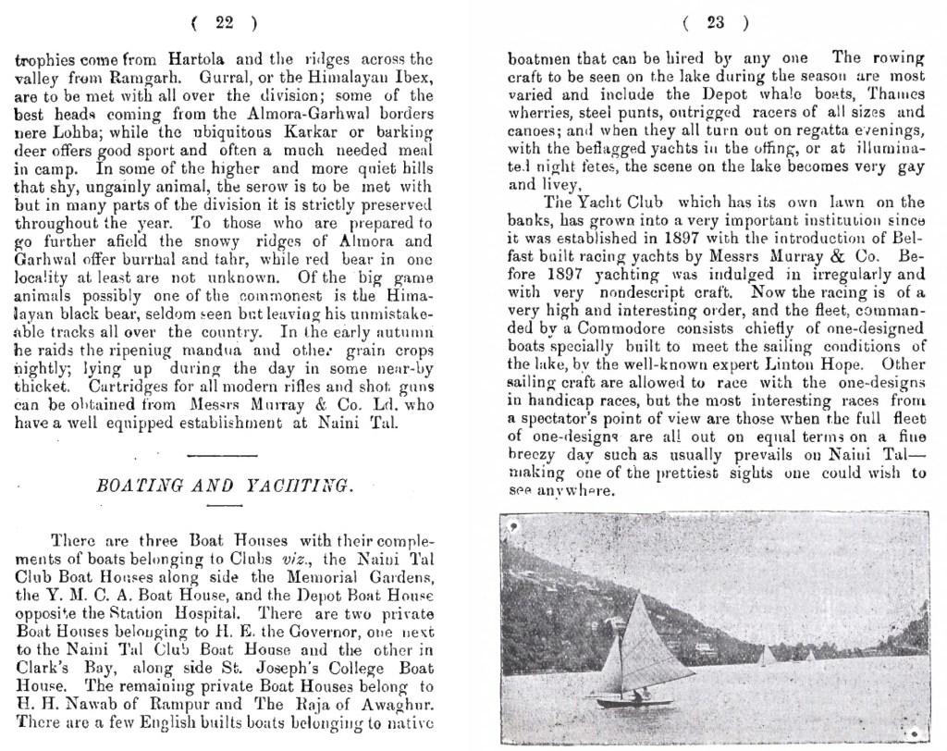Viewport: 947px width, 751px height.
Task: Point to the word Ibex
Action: coord(412,76)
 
